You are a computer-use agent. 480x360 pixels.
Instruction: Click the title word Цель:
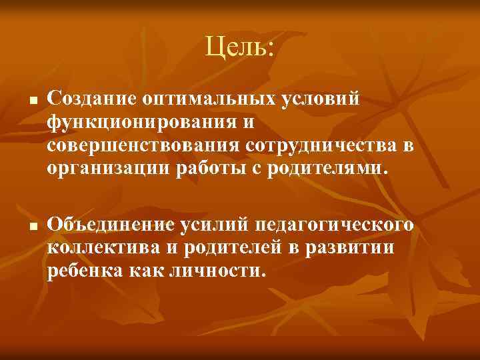click(x=239, y=47)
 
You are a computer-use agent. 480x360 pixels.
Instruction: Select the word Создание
click(x=91, y=99)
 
